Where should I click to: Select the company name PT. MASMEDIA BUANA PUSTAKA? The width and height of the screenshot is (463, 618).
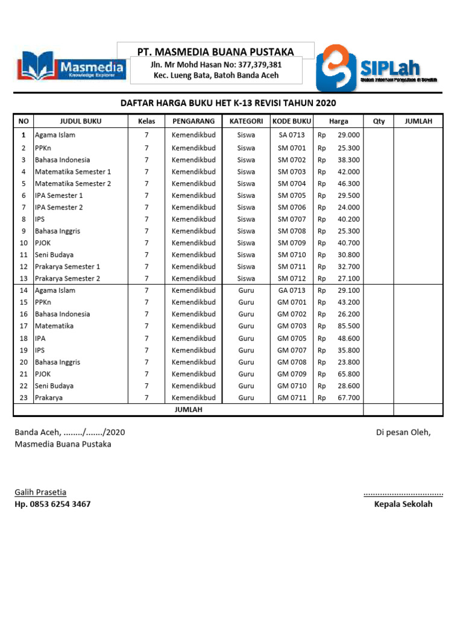[215, 51]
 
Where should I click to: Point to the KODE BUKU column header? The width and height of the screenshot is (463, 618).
[292, 121]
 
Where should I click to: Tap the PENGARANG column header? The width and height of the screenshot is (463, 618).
[193, 121]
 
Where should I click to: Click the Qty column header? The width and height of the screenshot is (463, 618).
[379, 121]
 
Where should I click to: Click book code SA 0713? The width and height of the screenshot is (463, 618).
[292, 135]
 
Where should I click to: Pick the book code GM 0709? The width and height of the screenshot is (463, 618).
[292, 374]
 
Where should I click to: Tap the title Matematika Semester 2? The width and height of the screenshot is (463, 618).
[73, 183]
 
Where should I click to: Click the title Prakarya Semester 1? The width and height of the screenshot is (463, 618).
[68, 267]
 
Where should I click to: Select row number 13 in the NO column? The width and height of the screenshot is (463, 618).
[24, 279]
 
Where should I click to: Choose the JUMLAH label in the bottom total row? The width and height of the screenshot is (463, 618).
[188, 410]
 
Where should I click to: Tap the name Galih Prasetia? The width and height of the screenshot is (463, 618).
[40, 492]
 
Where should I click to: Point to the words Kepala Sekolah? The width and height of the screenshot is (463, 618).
[403, 504]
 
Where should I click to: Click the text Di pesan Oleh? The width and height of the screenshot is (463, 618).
[403, 432]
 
